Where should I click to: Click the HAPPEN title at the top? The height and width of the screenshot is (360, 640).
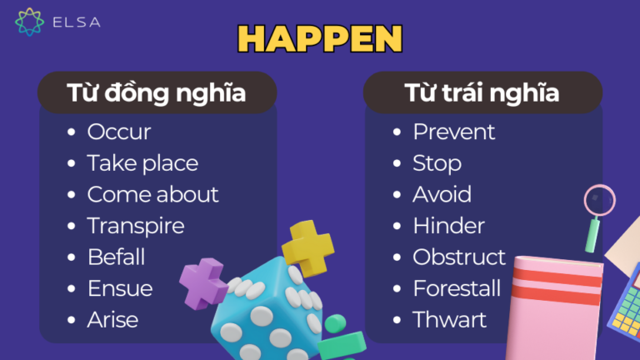click(x=320, y=38)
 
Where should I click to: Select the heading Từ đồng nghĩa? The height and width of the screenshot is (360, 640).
click(x=157, y=92)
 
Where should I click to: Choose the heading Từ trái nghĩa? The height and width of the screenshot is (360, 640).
click(x=482, y=92)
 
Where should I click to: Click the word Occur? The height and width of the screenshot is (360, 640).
click(x=119, y=132)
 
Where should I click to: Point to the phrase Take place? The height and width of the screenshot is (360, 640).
click(x=142, y=163)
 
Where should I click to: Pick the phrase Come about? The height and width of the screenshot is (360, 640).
click(x=152, y=194)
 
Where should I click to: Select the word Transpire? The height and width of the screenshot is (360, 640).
click(x=136, y=226)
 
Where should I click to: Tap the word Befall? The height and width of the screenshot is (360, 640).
click(x=116, y=257)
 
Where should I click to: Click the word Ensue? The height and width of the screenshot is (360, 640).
click(x=120, y=288)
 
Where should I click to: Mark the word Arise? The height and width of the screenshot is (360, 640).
click(x=112, y=319)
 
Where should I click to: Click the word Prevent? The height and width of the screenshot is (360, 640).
click(x=454, y=132)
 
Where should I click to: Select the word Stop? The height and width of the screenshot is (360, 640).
click(x=437, y=163)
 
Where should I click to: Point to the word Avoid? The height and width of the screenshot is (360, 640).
click(x=442, y=194)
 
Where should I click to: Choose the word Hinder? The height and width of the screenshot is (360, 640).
click(x=448, y=226)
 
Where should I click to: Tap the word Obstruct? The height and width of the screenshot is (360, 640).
click(x=459, y=257)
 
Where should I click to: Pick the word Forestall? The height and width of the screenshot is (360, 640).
click(x=457, y=288)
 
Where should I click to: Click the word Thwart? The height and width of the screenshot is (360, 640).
click(x=449, y=319)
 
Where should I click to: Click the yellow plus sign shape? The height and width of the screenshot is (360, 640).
click(x=307, y=247)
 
